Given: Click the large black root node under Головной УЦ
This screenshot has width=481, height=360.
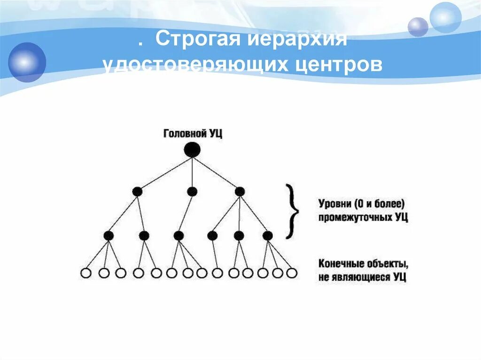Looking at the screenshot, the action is point(192,150).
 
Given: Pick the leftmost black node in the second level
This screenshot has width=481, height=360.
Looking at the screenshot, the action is point(137,191).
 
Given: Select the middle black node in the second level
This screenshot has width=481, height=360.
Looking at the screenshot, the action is point(192,191).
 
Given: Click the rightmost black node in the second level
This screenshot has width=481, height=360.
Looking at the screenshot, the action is point(240,191).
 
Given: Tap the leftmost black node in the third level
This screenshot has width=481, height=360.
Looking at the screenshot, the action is point(109,236).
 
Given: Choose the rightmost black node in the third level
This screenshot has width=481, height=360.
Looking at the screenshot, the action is point(268,236).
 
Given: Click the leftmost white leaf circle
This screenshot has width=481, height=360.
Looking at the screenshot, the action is point(85,273).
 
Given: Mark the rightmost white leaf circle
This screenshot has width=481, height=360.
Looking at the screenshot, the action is point(292,273).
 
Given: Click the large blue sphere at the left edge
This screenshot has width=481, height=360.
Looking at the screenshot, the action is point(27,62).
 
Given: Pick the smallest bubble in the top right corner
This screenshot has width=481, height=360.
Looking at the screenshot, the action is point(418,27).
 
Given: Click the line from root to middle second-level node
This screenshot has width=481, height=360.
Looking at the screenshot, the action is point(192,171).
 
